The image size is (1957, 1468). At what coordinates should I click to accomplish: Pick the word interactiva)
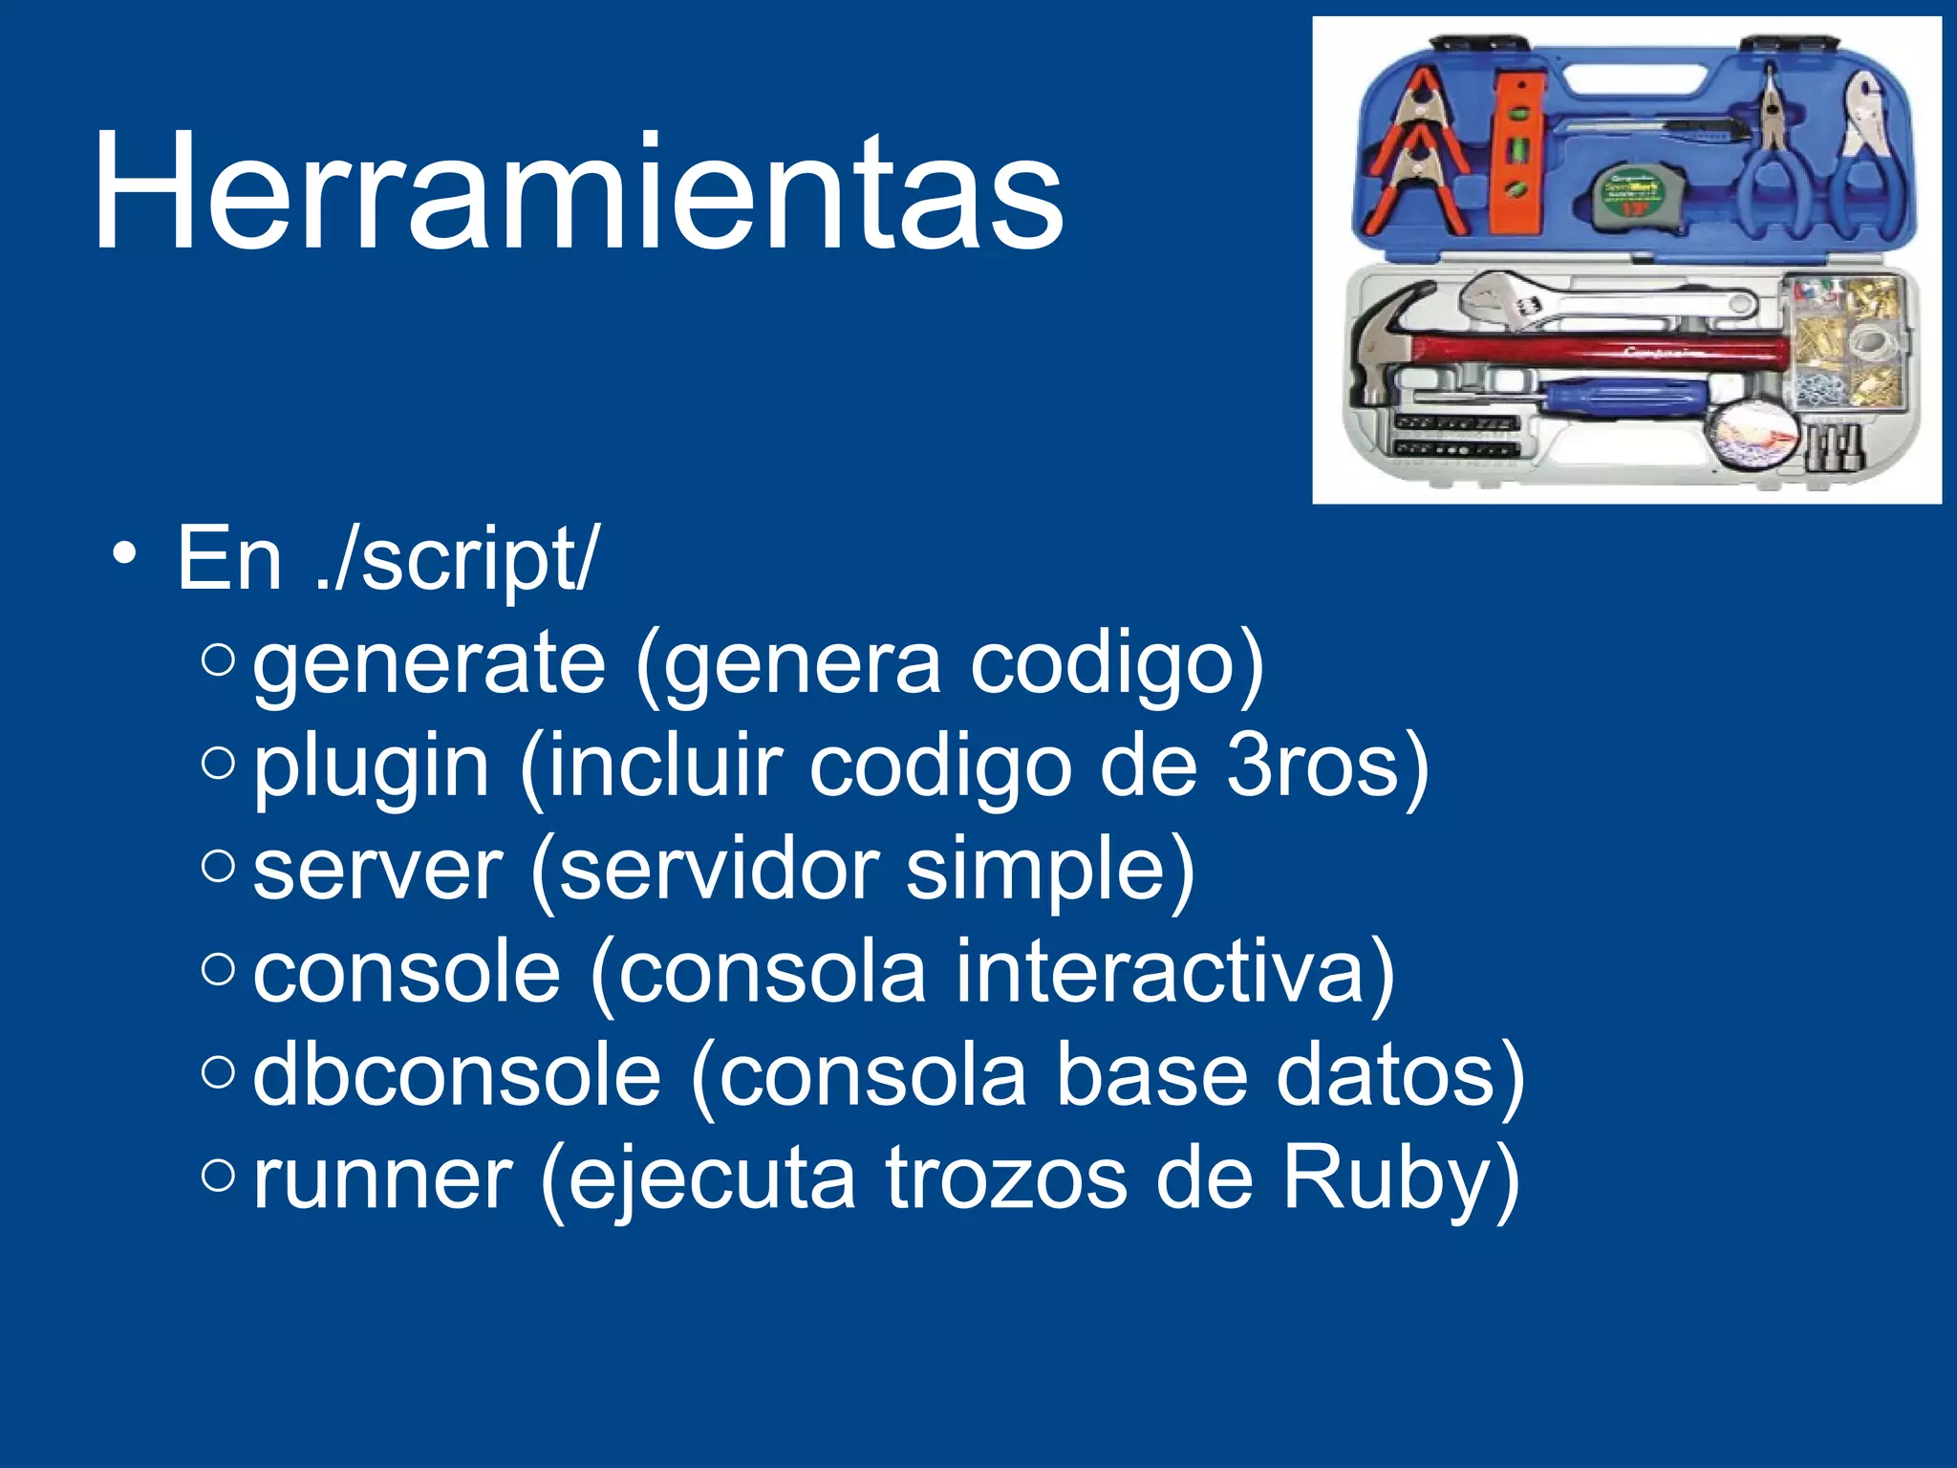tap(1174, 973)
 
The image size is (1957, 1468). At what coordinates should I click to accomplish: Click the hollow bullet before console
tap(219, 969)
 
